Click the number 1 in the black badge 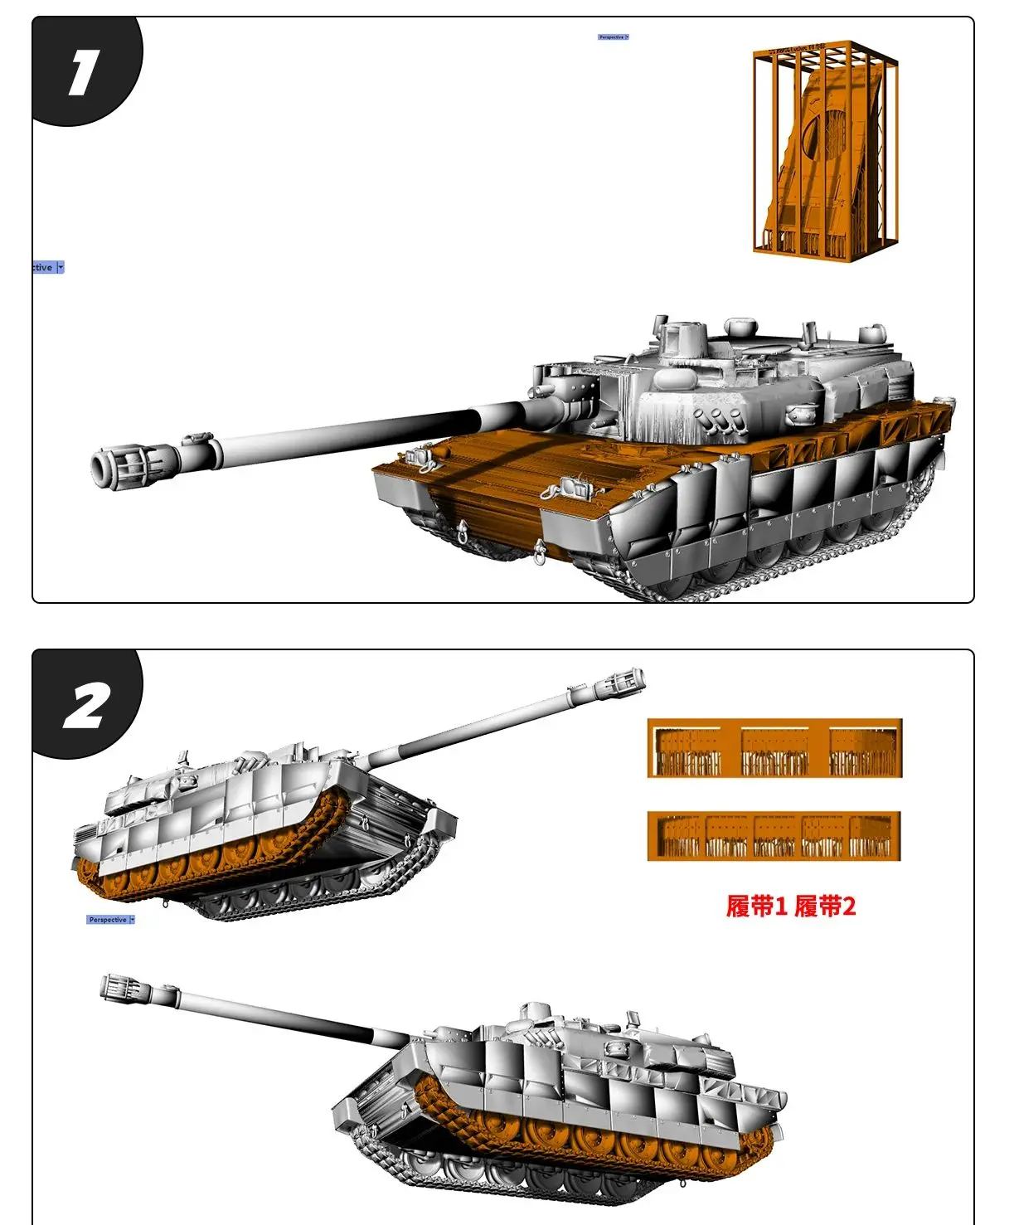[x=83, y=72]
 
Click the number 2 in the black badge [x=85, y=707]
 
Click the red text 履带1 [x=756, y=907]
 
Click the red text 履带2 [x=825, y=907]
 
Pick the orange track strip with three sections [x=774, y=749]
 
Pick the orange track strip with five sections [x=774, y=837]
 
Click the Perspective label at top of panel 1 [x=613, y=37]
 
